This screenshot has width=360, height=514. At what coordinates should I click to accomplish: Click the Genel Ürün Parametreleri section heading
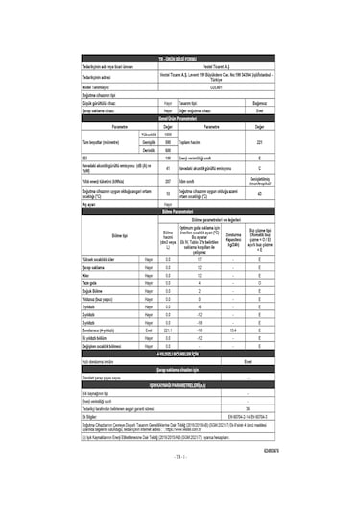click(x=180, y=117)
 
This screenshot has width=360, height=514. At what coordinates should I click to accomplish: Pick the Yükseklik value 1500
click(x=168, y=135)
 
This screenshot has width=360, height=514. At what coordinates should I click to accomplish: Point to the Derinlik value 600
click(x=168, y=149)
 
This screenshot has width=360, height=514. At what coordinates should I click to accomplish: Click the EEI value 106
click(x=168, y=157)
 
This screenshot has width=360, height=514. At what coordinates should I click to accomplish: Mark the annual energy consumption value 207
click(x=168, y=180)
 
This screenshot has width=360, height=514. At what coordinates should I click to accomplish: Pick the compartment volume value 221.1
click(x=168, y=331)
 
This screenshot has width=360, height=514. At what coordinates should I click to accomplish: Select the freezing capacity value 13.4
click(x=232, y=331)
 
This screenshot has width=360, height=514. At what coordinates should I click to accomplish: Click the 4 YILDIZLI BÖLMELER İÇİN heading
click(x=180, y=355)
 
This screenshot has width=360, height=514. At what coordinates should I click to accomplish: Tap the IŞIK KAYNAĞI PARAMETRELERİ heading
click(x=180, y=384)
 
